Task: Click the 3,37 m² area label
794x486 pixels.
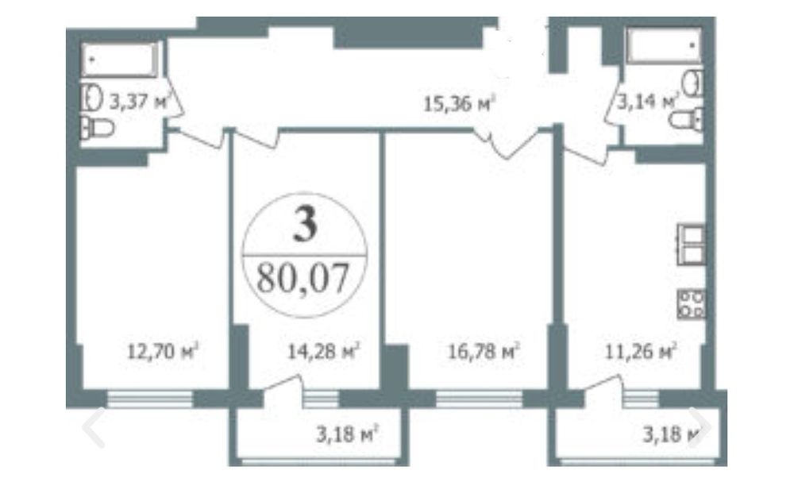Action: click(x=139, y=102)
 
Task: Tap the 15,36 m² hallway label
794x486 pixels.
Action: click(x=458, y=104)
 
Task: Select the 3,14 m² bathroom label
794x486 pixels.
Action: click(x=646, y=102)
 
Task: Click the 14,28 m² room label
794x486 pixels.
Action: click(x=324, y=350)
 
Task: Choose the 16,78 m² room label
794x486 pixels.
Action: click(x=484, y=350)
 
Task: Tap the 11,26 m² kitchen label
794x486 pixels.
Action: click(x=641, y=350)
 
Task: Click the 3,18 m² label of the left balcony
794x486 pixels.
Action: click(x=348, y=434)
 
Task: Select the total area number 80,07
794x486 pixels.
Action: click(x=303, y=279)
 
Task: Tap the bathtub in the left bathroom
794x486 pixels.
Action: click(x=119, y=60)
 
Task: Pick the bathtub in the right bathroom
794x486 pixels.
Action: click(x=664, y=45)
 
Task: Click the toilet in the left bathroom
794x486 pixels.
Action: click(x=98, y=128)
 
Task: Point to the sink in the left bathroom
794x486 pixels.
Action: click(x=92, y=98)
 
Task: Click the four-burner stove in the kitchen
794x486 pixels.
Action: click(x=692, y=303)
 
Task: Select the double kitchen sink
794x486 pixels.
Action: click(x=692, y=245)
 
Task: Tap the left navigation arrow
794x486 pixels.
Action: click(x=94, y=428)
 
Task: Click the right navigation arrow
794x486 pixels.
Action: click(x=700, y=428)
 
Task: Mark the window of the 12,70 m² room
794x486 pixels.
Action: click(x=150, y=399)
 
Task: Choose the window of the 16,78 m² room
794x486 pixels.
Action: click(x=479, y=399)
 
